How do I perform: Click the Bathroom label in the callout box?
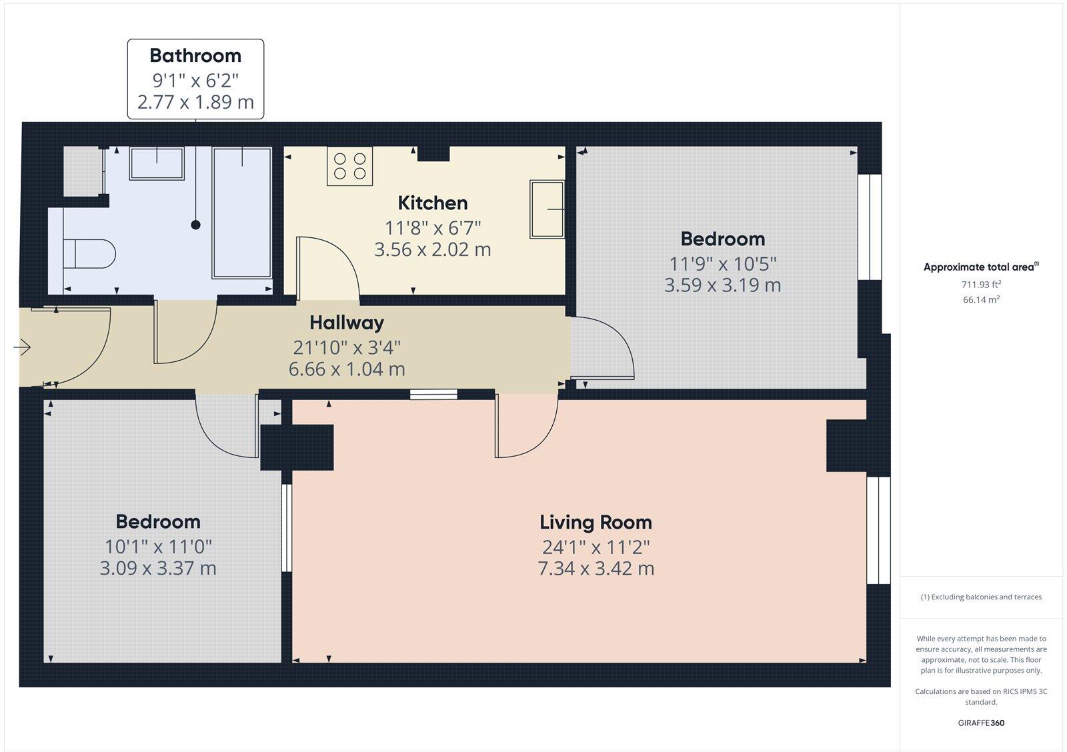tap(195, 55)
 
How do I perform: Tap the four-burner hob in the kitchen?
tap(349, 166)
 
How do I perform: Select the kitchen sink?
tap(547, 209)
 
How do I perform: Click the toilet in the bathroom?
tap(90, 253)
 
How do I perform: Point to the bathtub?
tap(241, 212)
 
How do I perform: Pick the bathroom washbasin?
tap(157, 163)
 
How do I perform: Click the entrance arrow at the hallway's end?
tap(22, 347)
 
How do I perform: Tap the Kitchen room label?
tap(432, 203)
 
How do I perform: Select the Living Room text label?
tap(596, 522)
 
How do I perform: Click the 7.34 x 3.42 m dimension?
tap(596, 569)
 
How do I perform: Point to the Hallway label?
tap(347, 323)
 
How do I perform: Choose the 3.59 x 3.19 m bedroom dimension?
tap(722, 285)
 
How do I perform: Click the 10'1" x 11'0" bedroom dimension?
tap(158, 547)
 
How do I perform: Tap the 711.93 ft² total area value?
tap(981, 284)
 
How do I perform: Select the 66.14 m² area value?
tap(981, 300)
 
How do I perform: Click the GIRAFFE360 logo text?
tap(981, 723)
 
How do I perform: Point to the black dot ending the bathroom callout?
tap(196, 225)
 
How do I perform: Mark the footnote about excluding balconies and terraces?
tap(981, 597)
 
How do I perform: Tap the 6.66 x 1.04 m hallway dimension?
tap(347, 369)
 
